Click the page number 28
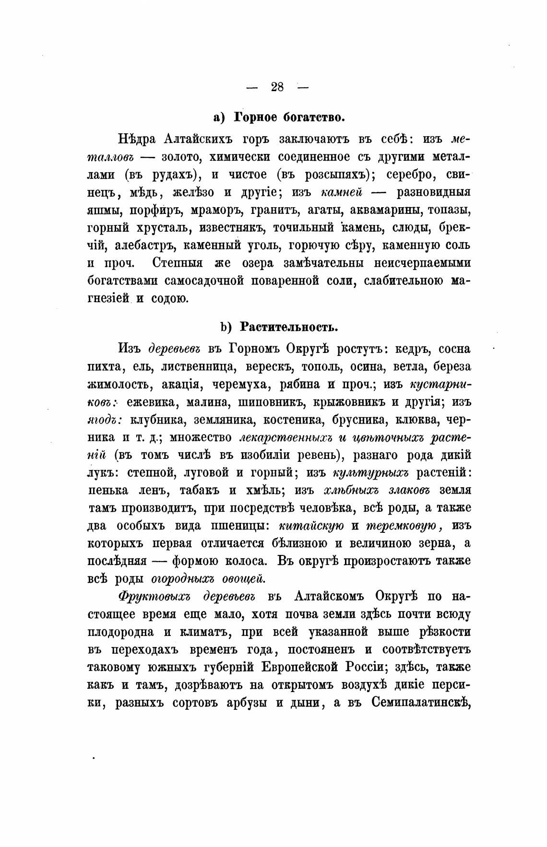point(277,87)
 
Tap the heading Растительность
point(289,327)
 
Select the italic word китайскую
point(311,526)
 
